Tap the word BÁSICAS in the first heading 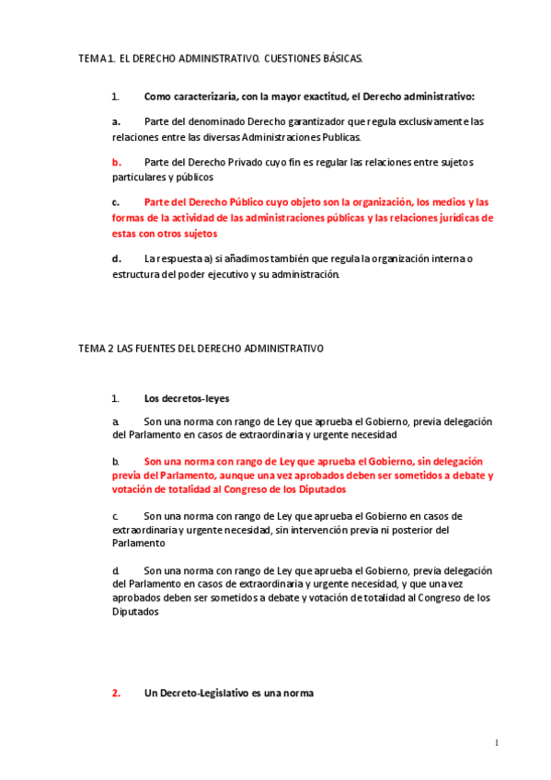coord(341,59)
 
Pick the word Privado coord(235,162)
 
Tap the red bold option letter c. coord(116,202)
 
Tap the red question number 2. coord(117,694)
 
